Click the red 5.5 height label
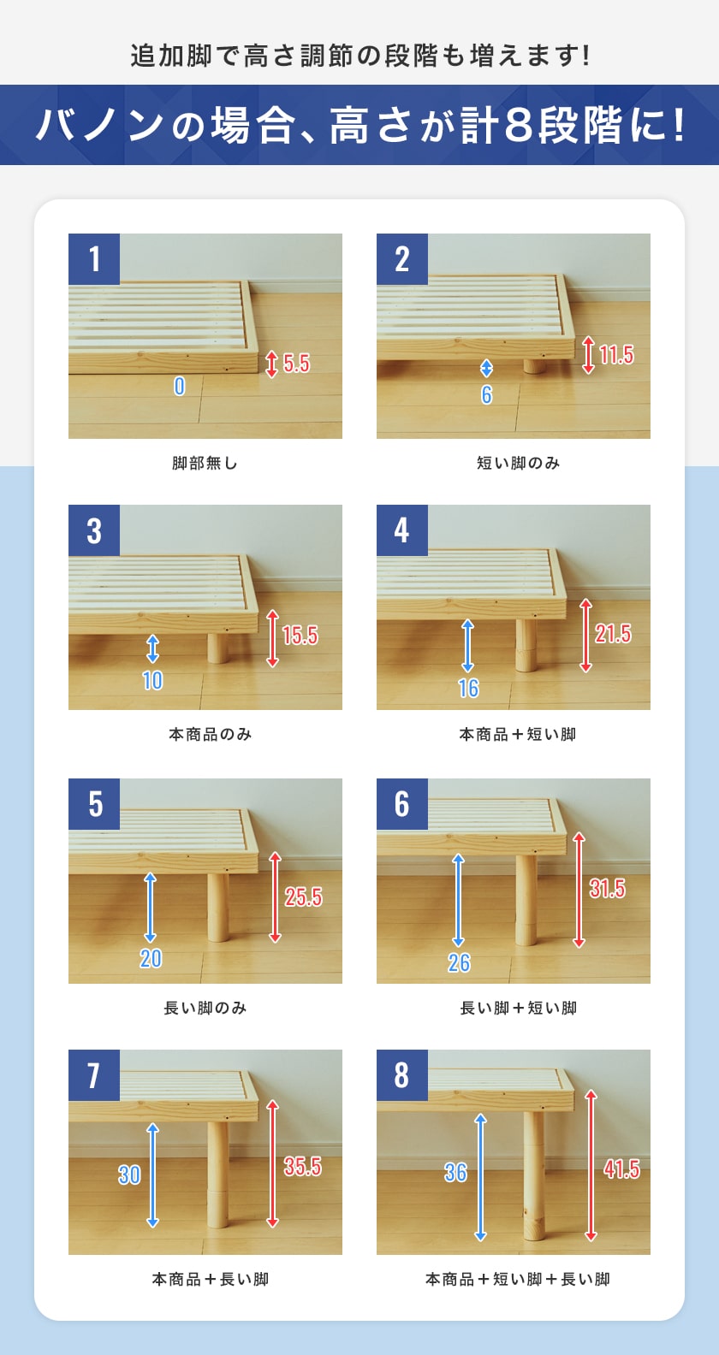click(x=296, y=363)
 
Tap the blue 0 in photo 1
click(x=179, y=386)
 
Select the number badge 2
click(x=401, y=259)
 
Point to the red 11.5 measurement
click(x=616, y=354)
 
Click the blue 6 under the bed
click(x=486, y=394)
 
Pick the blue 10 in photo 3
click(x=152, y=680)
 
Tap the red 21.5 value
click(x=613, y=634)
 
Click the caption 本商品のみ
click(x=210, y=734)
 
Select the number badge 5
click(x=94, y=804)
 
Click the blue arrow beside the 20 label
click(x=151, y=907)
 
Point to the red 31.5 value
click(x=607, y=889)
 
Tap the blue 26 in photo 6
click(x=459, y=962)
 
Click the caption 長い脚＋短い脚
click(x=518, y=1008)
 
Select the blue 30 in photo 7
click(x=129, y=1175)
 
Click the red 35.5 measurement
click(x=302, y=1166)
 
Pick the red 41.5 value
click(x=621, y=1169)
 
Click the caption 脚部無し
click(x=205, y=463)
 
